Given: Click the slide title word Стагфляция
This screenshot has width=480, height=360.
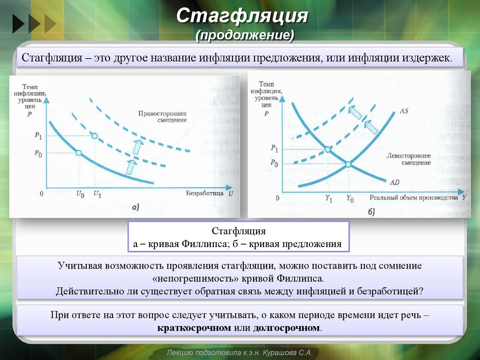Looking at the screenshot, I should click(x=242, y=16).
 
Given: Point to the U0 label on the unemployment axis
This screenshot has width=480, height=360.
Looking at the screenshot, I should click(x=79, y=194).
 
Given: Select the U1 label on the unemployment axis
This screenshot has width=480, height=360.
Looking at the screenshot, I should click(x=97, y=194).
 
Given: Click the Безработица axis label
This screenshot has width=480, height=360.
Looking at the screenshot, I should click(x=206, y=193).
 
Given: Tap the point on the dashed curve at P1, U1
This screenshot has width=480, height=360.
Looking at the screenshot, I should click(x=95, y=136).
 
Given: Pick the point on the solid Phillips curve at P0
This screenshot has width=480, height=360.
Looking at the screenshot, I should click(x=79, y=153).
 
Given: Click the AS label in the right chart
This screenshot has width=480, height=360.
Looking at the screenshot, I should click(x=405, y=111).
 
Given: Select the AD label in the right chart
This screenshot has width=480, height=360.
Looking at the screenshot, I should click(x=394, y=181).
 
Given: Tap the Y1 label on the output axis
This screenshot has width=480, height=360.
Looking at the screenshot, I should click(x=329, y=199).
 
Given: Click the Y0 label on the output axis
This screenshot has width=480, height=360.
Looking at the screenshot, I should click(x=350, y=199).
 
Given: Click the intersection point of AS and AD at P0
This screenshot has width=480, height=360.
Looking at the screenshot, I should click(x=348, y=164).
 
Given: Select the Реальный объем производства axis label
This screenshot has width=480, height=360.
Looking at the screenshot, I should click(x=414, y=198).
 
